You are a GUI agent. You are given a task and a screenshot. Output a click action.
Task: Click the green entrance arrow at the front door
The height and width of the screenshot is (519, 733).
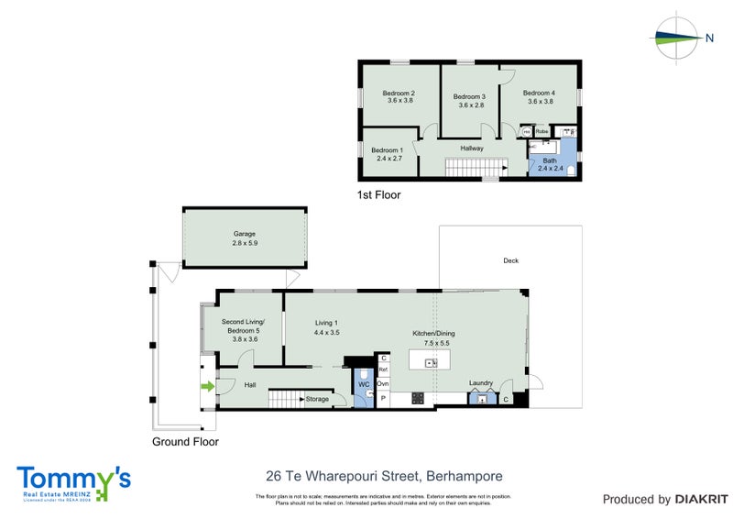[207, 387]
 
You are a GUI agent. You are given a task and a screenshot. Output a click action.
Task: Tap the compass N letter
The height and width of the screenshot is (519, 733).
[709, 38]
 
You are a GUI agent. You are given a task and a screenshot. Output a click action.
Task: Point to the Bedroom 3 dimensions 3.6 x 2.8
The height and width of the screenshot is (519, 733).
[470, 105]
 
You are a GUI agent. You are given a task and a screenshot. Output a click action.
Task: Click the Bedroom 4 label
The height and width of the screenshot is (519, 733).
[540, 93]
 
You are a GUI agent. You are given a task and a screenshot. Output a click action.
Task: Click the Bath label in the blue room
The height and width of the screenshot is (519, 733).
[549, 160]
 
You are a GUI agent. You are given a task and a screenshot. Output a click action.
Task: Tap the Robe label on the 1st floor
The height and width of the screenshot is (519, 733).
[542, 131]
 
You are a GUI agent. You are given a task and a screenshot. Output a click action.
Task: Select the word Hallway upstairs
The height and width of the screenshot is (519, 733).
[472, 148]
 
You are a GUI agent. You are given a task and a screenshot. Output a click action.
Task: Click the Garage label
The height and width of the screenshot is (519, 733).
[244, 234]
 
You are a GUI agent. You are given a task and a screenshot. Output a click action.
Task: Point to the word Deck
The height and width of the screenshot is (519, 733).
[510, 261]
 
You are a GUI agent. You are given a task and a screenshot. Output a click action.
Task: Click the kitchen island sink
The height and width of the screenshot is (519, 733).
[433, 364]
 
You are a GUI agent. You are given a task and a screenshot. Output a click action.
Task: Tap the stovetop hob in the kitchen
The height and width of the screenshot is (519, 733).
[418, 398]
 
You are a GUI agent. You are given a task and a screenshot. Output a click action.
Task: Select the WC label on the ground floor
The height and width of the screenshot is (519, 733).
[362, 384]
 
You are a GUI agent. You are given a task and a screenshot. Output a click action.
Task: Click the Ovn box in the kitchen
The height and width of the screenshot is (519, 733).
[383, 383]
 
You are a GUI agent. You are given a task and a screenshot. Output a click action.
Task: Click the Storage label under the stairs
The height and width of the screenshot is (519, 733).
[317, 399]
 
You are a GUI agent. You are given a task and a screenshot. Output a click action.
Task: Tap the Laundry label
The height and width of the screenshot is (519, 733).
[481, 382]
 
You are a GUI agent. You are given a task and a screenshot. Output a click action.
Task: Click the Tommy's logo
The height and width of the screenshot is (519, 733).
[73, 482]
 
